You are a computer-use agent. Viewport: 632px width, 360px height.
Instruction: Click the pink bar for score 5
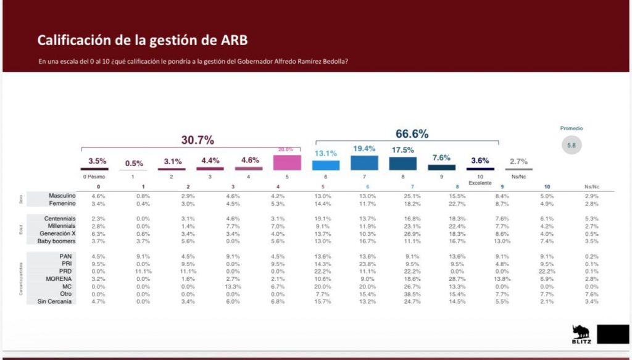tap(287, 162)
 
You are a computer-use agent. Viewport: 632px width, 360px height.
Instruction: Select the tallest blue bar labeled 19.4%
tap(364, 163)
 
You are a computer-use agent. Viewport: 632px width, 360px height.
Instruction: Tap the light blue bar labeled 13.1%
tap(325, 165)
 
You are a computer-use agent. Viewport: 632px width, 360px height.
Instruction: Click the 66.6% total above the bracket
tap(412, 134)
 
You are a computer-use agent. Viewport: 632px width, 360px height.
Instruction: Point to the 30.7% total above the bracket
tap(197, 140)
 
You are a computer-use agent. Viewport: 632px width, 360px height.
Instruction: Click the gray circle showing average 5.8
tap(572, 146)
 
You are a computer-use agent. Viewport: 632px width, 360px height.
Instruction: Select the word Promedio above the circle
tap(572, 128)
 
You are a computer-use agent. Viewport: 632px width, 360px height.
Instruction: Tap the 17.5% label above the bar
tap(402, 150)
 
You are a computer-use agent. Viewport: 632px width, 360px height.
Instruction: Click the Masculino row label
tap(62, 196)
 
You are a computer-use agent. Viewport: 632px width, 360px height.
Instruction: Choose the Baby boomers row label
tap(57, 241)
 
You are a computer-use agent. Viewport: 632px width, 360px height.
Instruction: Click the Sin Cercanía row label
tap(57, 301)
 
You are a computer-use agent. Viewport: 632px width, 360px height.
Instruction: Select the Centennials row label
tap(59, 219)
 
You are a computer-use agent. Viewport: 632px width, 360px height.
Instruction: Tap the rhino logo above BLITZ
tap(581, 331)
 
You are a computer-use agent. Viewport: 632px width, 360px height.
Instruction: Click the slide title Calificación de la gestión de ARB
tap(143, 41)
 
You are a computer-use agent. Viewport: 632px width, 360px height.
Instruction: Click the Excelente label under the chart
tap(480, 183)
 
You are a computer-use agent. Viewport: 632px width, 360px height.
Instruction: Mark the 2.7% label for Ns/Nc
tap(518, 162)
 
